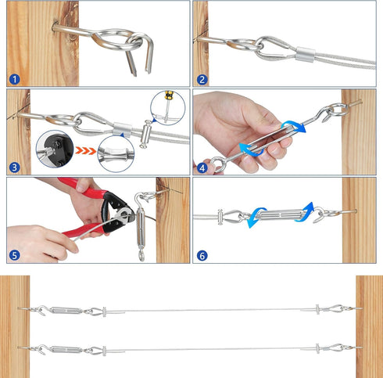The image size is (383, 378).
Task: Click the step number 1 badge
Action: [15, 79]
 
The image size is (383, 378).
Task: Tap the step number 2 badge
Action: [202, 79]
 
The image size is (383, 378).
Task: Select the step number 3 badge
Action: [15, 167]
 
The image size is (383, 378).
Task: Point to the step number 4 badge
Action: [202, 168]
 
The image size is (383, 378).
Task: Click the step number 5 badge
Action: [15, 255]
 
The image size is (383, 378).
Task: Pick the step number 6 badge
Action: [202, 256]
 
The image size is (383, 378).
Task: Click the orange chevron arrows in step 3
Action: [85, 150]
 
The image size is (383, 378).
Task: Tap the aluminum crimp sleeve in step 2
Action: [305, 54]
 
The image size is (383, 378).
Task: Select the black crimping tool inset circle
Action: [55, 149]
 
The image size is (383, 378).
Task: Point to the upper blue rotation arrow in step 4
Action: [293, 127]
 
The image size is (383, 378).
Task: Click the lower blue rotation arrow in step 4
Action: [251, 150]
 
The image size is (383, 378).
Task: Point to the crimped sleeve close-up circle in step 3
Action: [116, 153]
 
